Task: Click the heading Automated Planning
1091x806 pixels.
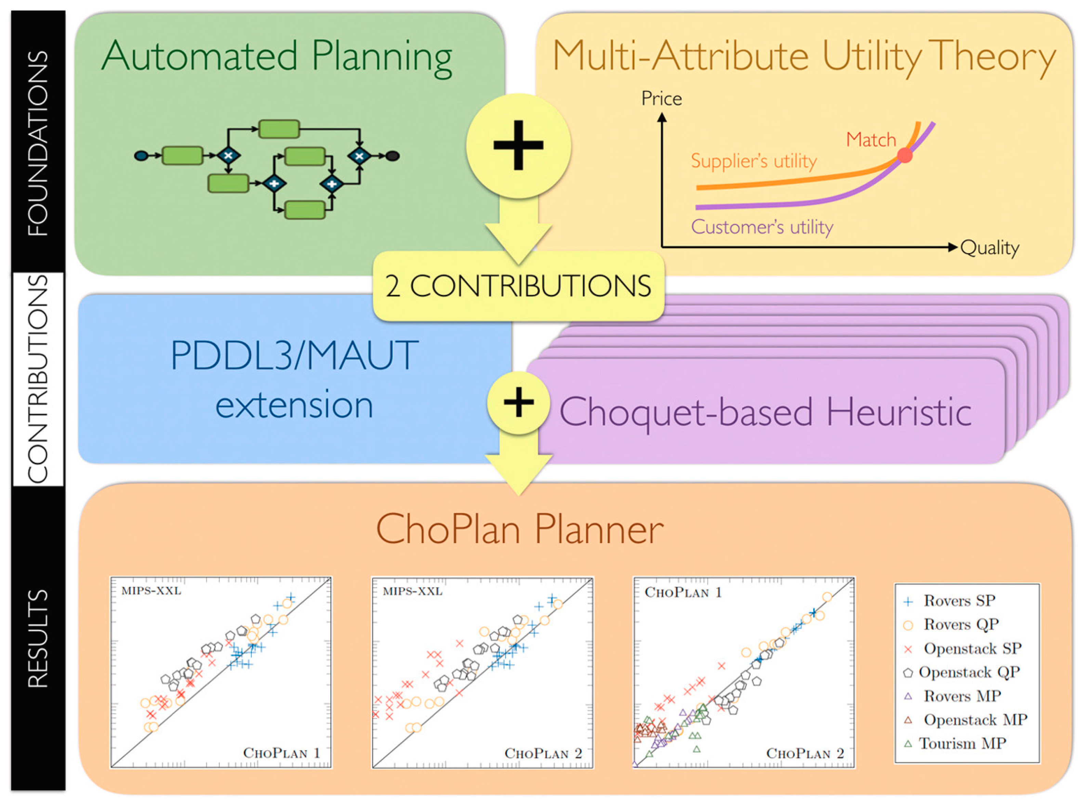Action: coord(277,57)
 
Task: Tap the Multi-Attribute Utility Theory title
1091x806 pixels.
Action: coord(804,57)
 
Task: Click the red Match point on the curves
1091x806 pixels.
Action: coord(905,156)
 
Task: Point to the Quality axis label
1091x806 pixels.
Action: coord(989,248)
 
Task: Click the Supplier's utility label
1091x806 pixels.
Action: coord(754,161)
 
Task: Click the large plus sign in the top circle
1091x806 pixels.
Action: coord(518,145)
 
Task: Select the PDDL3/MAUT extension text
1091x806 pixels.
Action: coord(294,380)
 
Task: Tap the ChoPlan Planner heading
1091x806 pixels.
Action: coord(520,529)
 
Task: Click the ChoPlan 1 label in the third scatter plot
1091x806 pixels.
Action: coord(683,592)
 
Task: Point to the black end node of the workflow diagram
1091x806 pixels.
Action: coord(392,156)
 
